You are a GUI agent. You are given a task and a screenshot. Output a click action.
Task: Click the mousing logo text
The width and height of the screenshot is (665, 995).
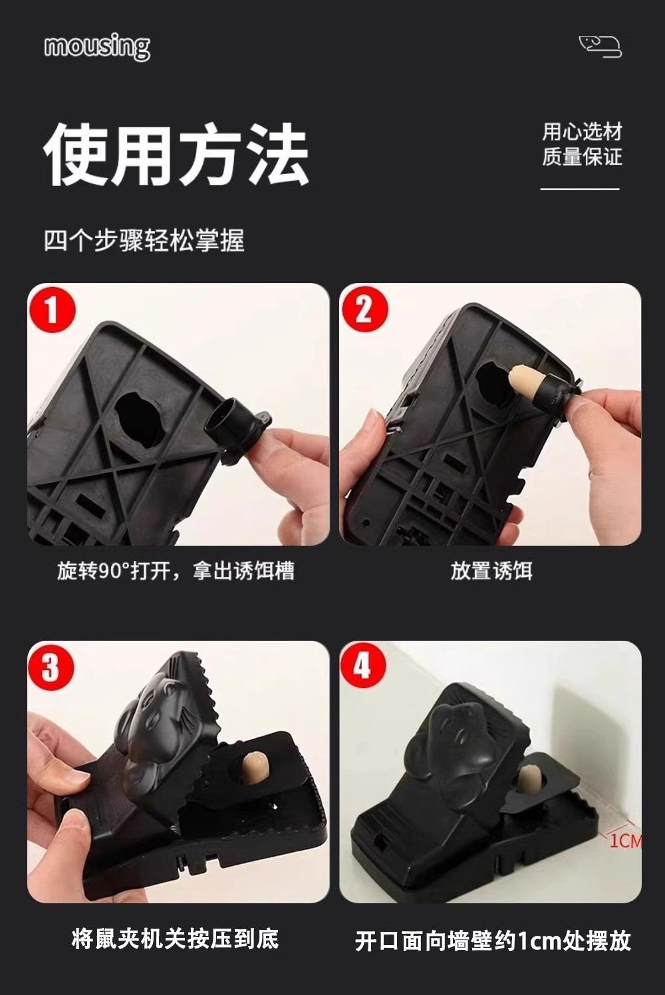point(97,47)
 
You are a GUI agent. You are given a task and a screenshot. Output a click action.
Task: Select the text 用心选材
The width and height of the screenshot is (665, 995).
point(582,132)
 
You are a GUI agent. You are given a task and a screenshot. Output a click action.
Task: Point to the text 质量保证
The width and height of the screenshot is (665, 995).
point(582,156)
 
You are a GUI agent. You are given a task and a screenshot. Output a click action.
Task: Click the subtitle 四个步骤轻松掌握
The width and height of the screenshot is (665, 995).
point(144,241)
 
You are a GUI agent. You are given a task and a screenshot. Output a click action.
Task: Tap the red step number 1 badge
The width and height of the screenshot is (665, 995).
point(52,309)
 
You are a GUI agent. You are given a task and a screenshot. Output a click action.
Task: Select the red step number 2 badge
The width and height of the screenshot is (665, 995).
point(364,309)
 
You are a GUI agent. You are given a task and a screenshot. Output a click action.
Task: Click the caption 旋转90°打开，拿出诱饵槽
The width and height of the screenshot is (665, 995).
point(176,570)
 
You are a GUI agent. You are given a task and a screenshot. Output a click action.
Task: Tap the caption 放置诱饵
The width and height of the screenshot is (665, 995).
point(491,570)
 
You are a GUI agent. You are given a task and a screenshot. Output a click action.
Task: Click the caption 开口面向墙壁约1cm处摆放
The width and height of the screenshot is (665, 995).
point(493,940)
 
